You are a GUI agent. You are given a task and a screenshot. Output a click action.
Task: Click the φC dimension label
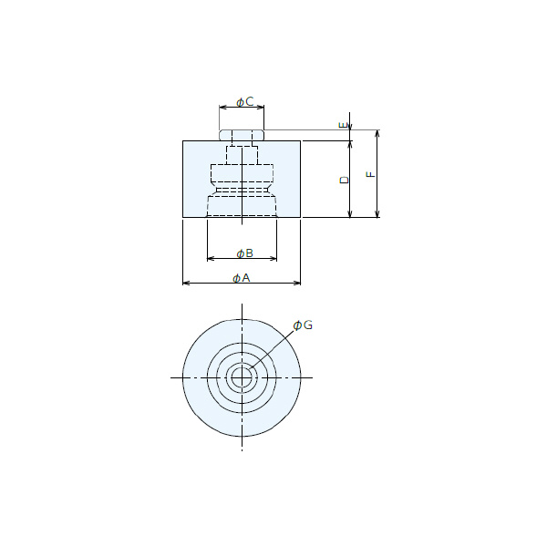(x=245, y=102)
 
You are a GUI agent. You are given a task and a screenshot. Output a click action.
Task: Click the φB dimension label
(x=245, y=253)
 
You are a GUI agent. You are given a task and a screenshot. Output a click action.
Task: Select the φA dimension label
(x=242, y=278)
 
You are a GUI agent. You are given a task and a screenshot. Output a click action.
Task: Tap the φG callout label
(x=303, y=325)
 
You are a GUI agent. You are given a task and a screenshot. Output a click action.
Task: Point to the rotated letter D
(x=345, y=180)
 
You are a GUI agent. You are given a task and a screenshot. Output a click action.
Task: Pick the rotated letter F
(x=371, y=174)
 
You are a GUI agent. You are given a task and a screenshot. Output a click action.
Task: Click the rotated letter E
(x=344, y=125)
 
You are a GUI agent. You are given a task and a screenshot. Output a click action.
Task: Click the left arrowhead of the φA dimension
(x=186, y=283)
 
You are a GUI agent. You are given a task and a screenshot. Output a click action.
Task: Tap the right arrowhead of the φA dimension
(x=297, y=283)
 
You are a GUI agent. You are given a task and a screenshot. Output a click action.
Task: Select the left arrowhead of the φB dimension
(x=211, y=259)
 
